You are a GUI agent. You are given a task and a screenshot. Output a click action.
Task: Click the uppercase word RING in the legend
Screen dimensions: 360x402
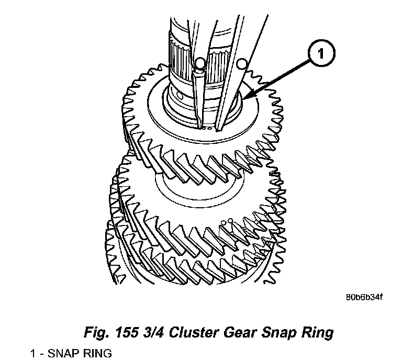pyautogui.click(x=96, y=353)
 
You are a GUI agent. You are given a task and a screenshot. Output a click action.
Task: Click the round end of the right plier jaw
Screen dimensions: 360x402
pyautogui.click(x=241, y=64)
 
